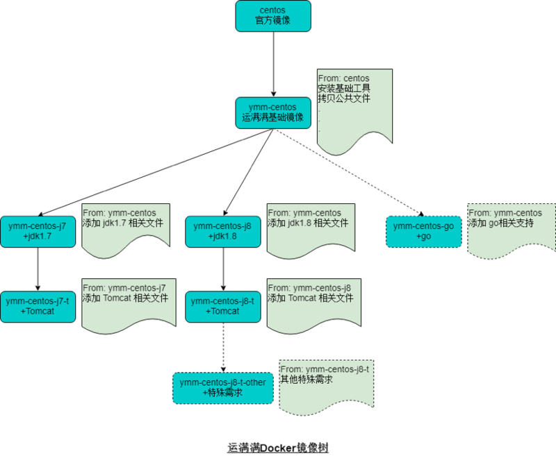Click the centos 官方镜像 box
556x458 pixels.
[273, 16]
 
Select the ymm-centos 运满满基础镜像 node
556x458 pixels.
[273, 112]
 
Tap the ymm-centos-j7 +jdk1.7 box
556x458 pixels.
[38, 231]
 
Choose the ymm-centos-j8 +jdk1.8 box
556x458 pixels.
[222, 231]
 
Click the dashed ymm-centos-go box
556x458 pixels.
[423, 231]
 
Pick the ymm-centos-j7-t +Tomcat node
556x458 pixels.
[38, 306]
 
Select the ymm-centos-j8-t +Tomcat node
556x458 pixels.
[222, 306]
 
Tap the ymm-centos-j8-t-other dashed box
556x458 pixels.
[223, 387]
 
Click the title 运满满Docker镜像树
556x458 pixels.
[277, 448]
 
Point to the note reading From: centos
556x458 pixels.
[354, 104]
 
